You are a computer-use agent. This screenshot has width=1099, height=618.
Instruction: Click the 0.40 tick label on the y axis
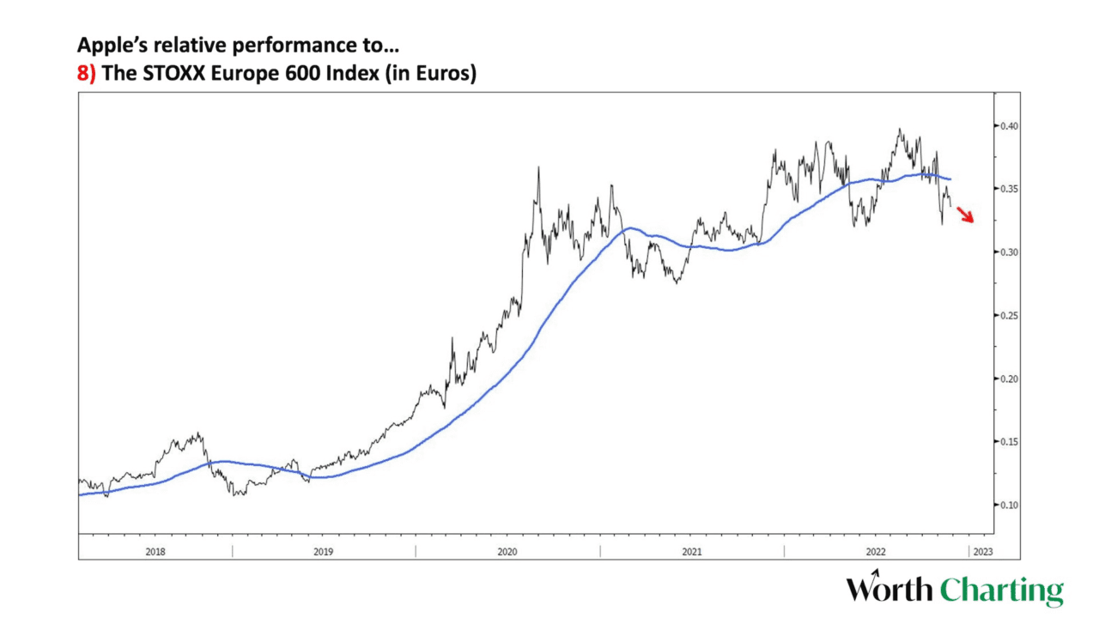point(1008,126)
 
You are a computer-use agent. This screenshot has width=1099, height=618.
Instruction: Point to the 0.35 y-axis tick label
point(1008,189)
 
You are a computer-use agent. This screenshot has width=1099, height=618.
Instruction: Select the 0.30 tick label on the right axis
point(1008,252)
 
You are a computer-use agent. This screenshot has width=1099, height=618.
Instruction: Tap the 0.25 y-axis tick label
point(1008,316)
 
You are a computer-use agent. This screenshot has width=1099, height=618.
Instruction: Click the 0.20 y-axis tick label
point(1008,379)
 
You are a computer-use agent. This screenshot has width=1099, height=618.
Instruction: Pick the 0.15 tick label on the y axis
point(1008,442)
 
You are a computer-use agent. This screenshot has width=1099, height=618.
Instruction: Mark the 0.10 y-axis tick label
point(1008,505)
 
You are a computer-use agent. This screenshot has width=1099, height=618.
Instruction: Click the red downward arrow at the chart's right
point(966,215)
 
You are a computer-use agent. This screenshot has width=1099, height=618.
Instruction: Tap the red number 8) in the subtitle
point(87,74)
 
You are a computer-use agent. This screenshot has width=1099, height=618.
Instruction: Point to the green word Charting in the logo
point(1001,591)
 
